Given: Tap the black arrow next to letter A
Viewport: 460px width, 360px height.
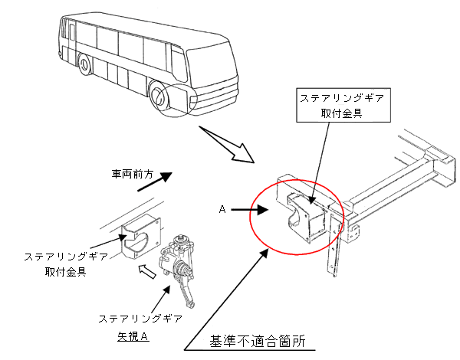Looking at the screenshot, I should tap(248, 208).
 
